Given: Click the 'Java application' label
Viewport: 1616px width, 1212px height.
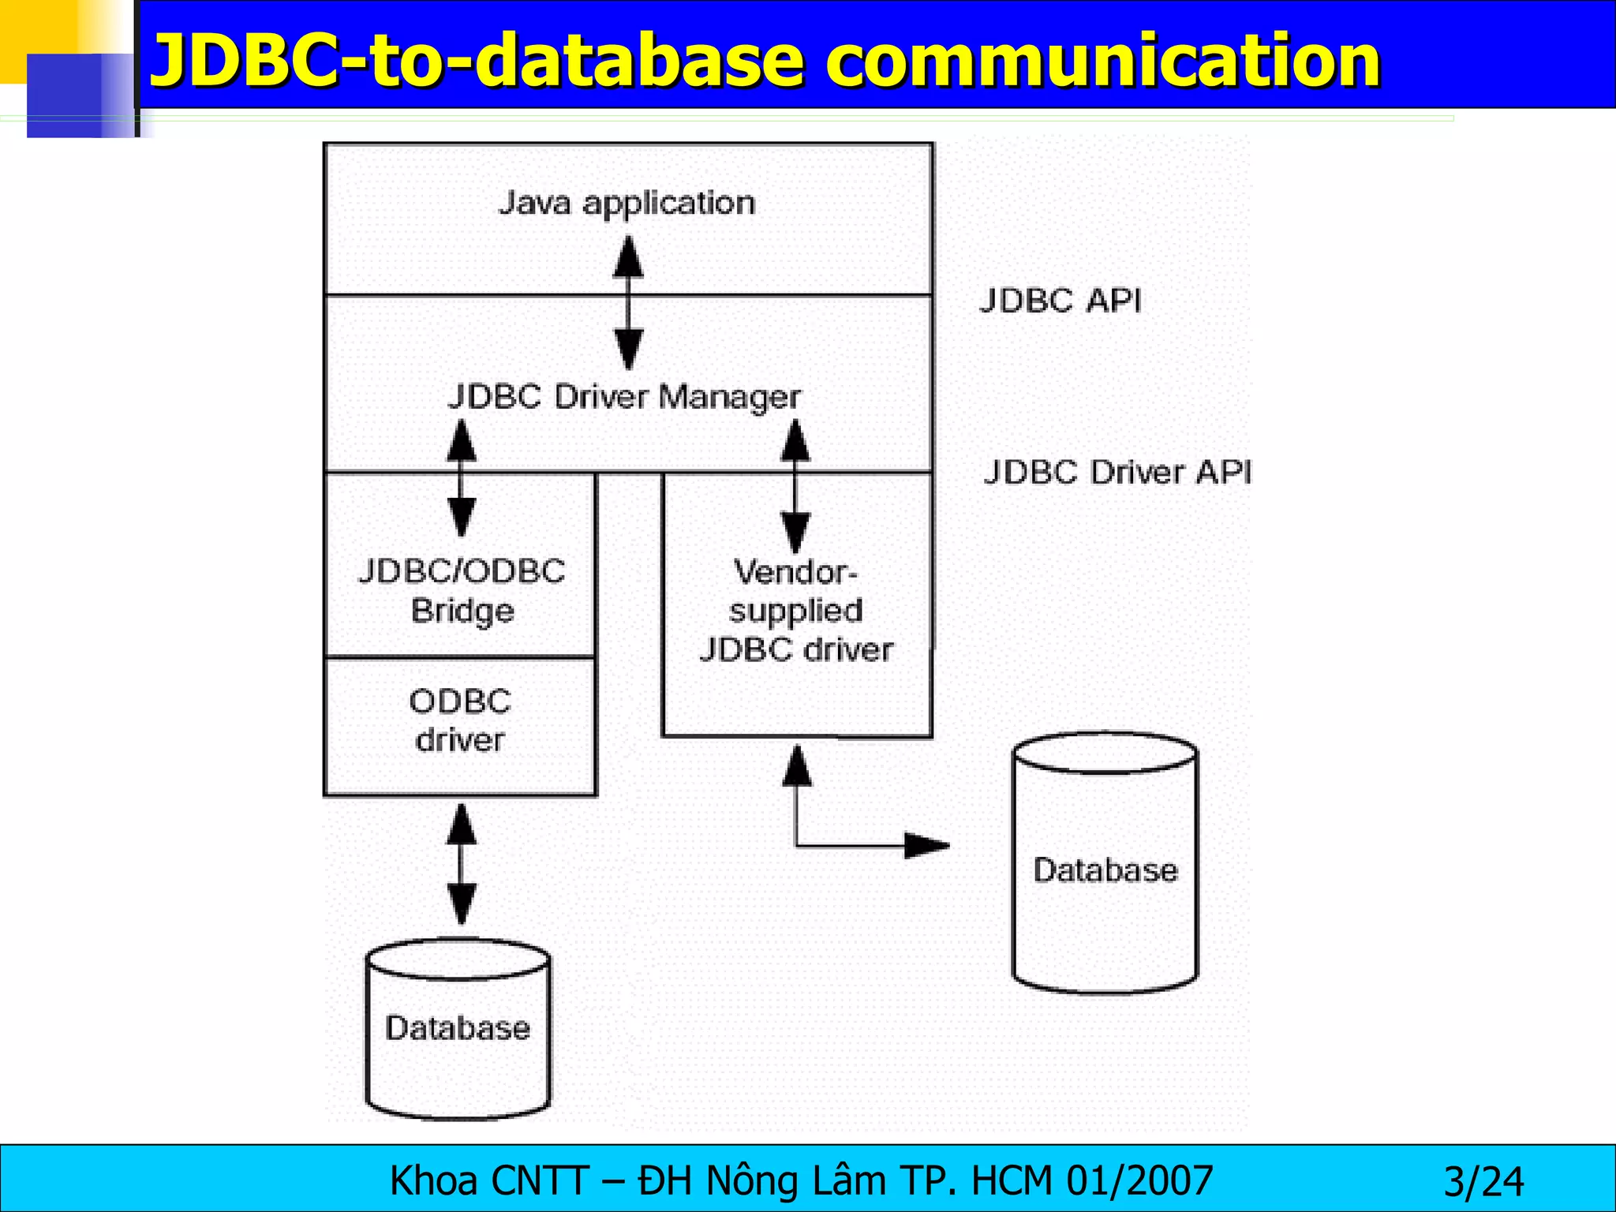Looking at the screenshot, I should pyautogui.click(x=627, y=204).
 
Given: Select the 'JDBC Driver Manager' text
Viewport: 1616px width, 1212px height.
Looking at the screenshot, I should pyautogui.click(x=624, y=396).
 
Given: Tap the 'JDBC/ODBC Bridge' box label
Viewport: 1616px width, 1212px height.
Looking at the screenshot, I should pyautogui.click(x=462, y=591).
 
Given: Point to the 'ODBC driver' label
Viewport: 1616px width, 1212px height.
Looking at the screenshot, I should pyautogui.click(x=460, y=720).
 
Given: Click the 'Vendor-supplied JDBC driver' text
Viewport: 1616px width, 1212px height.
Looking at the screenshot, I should pyautogui.click(x=796, y=611).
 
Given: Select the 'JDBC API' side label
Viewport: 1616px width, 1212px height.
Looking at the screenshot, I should pyautogui.click(x=1060, y=301).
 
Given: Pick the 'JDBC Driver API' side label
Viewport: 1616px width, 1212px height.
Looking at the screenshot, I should pyautogui.click(x=1117, y=472).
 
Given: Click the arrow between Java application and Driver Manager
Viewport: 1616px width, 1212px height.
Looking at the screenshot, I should pyautogui.click(x=628, y=304).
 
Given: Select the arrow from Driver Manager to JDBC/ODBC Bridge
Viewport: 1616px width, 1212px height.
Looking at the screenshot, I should pyautogui.click(x=462, y=477).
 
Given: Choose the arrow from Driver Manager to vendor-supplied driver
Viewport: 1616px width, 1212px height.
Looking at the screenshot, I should pyautogui.click(x=795, y=485).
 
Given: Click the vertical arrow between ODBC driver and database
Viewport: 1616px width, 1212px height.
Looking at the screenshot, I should pyautogui.click(x=462, y=864).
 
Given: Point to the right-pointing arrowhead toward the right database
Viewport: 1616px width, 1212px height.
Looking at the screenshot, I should pyautogui.click(x=926, y=846).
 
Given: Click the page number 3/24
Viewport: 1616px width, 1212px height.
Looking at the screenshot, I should pyautogui.click(x=1483, y=1182).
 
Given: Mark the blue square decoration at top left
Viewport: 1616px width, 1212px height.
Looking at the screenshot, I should pyautogui.click(x=71, y=95).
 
